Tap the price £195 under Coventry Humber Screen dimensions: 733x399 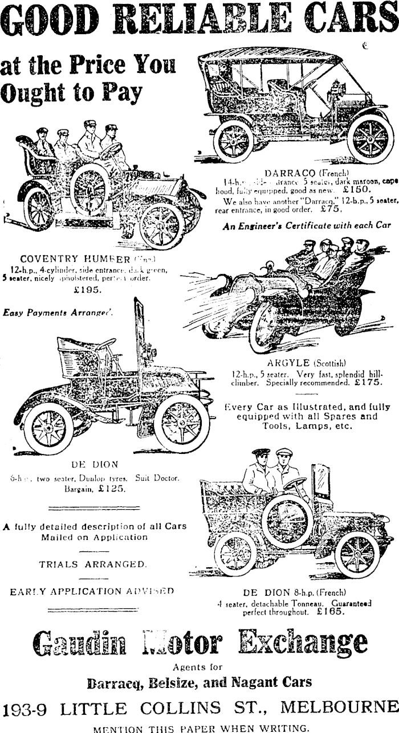tap(88, 290)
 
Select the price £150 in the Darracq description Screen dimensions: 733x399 tap(357, 190)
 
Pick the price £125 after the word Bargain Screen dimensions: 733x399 tap(111, 489)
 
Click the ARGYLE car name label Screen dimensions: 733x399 tap(288, 363)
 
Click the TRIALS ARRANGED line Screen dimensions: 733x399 tap(93, 564)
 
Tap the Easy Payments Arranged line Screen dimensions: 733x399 tap(58, 312)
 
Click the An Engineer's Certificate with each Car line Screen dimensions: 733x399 tap(307, 225)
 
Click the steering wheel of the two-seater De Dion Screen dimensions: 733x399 tap(105, 345)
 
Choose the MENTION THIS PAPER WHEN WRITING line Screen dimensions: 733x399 tap(199, 727)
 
